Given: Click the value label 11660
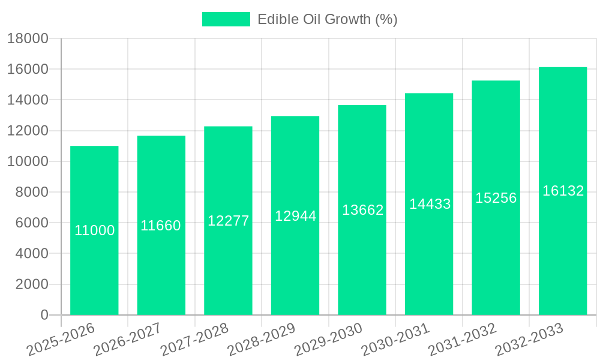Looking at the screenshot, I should (161, 226).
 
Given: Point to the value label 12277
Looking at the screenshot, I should (228, 221).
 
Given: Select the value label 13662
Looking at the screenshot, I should (362, 210).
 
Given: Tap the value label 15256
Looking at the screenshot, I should (496, 198).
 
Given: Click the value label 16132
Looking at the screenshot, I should (563, 191).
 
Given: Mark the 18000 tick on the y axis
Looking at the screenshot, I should (28, 39).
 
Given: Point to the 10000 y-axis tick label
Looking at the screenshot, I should (28, 161).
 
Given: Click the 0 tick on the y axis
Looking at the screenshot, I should (44, 315).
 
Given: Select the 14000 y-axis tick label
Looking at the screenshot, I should (28, 100).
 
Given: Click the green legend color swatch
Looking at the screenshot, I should (226, 19).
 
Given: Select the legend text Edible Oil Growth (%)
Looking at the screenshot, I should (327, 19).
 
